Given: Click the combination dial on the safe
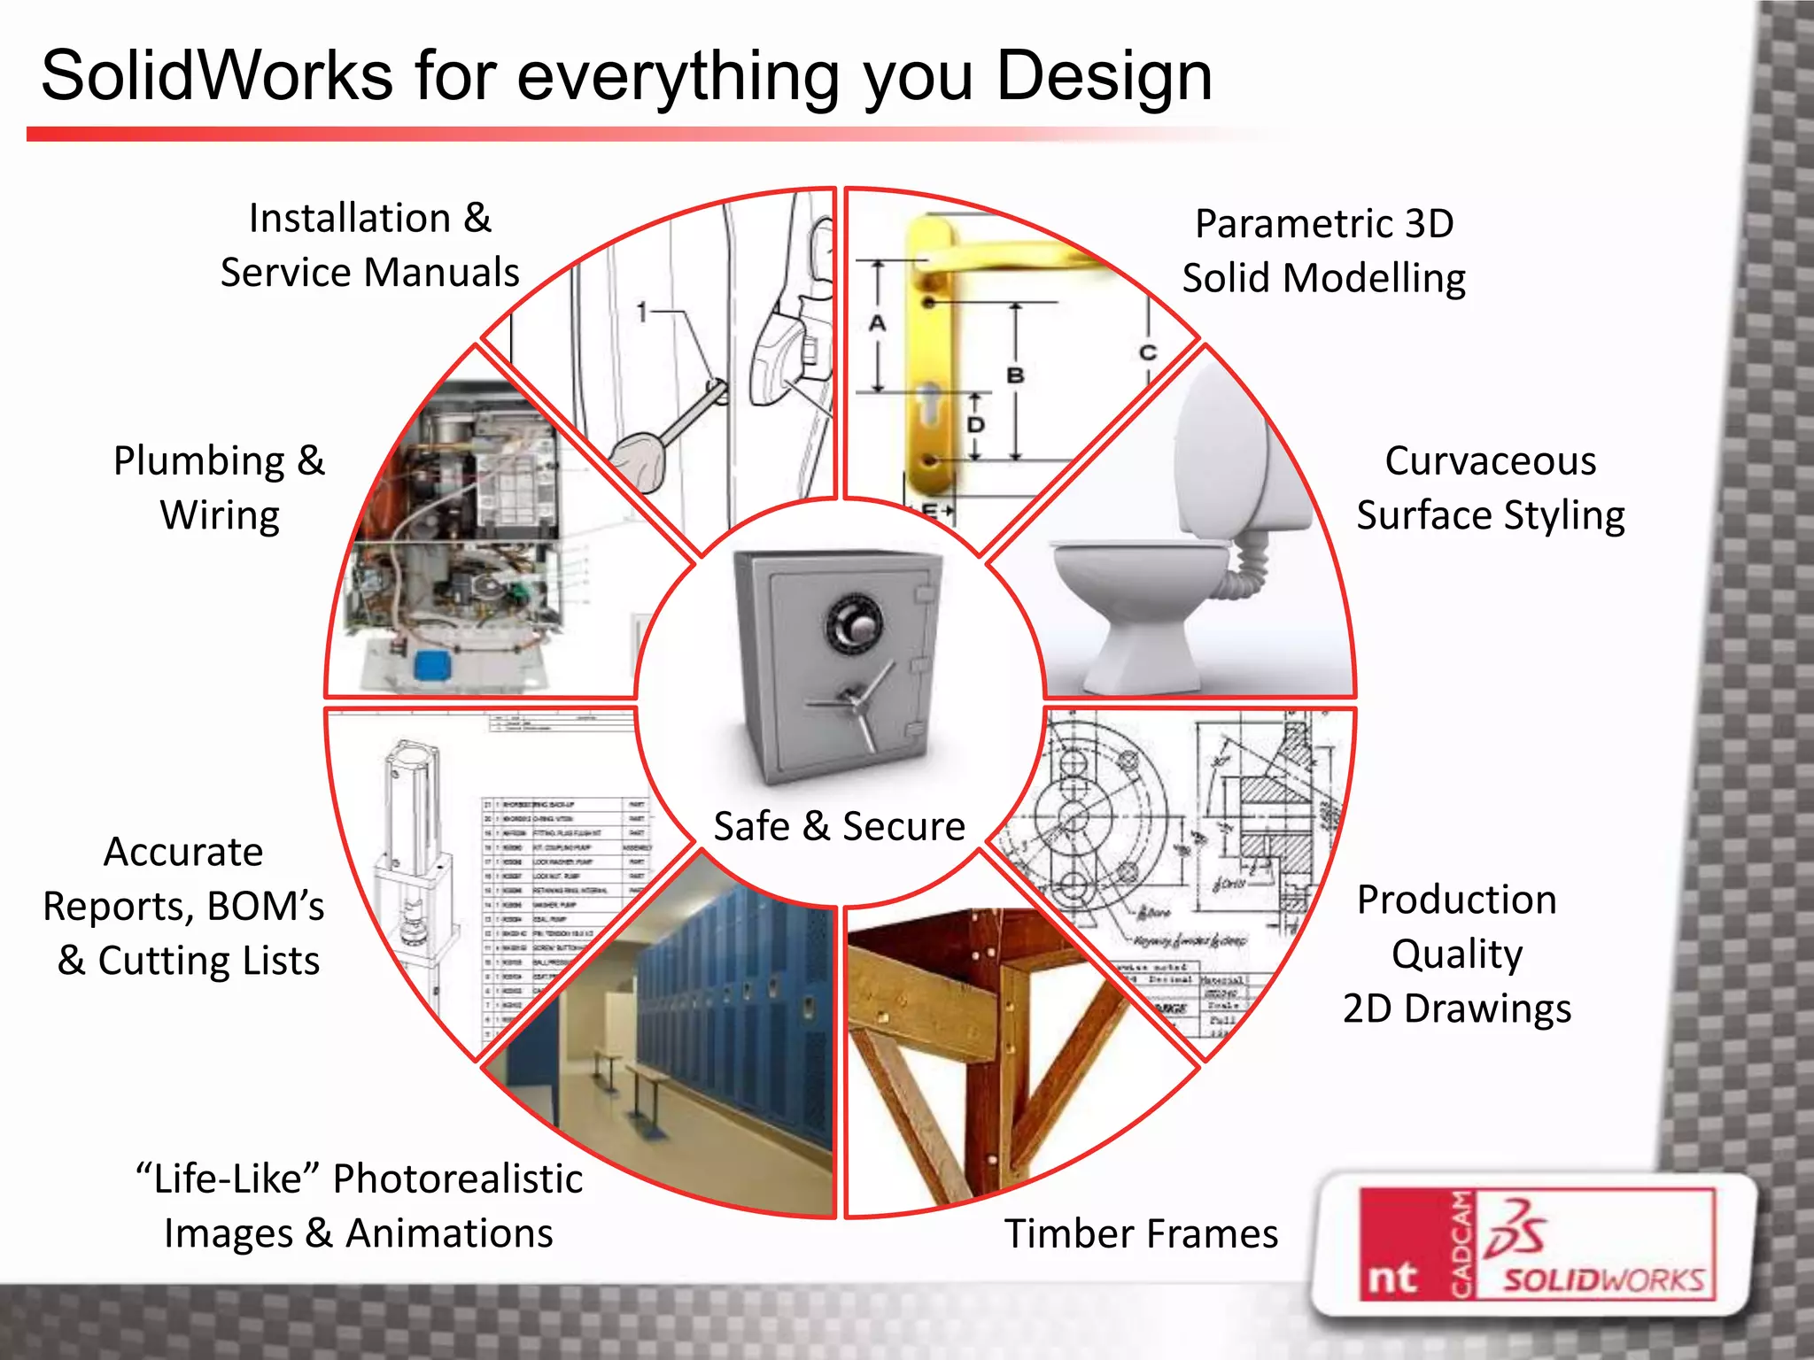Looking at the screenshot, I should pyautogui.click(x=854, y=625).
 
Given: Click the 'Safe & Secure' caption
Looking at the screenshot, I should pyautogui.click(x=839, y=826).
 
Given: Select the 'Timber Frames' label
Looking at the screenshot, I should pyautogui.click(x=1141, y=1233).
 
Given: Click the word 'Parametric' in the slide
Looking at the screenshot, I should pyautogui.click(x=1280, y=224).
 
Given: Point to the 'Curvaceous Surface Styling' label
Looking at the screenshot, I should pyautogui.click(x=1491, y=488).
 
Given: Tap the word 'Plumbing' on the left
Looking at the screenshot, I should pyautogui.click(x=199, y=461).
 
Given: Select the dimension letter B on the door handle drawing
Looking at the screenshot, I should pyautogui.click(x=1015, y=375).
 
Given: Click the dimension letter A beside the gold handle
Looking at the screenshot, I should pyautogui.click(x=877, y=323).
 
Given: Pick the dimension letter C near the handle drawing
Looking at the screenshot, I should pyautogui.click(x=1147, y=352).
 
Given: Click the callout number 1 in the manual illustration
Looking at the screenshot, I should pyautogui.click(x=643, y=312).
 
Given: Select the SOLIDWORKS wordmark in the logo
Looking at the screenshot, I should pyautogui.click(x=1603, y=1280).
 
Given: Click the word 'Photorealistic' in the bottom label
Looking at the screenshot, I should pyautogui.click(x=457, y=1179).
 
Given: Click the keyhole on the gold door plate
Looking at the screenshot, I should pyautogui.click(x=930, y=398).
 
